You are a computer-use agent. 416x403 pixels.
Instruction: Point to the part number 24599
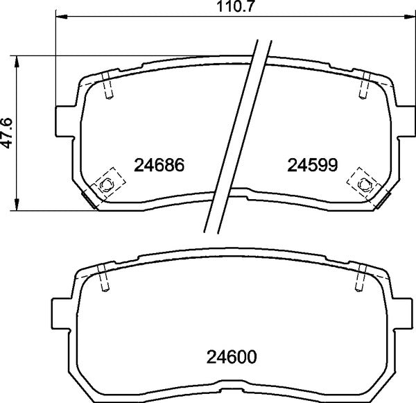pyautogui.click(x=312, y=165)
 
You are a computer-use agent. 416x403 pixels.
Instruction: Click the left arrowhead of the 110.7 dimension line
pyautogui.click(x=60, y=18)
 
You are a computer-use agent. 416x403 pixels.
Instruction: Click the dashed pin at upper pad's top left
pyautogui.click(x=107, y=86)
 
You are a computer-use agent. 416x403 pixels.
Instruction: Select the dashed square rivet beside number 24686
pyautogui.click(x=105, y=182)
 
